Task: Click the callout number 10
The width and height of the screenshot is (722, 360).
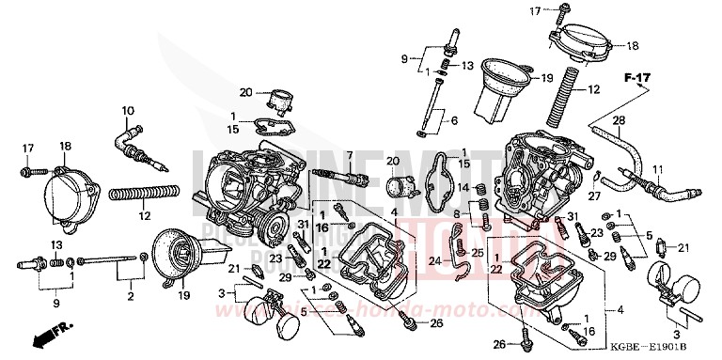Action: (x=128, y=111)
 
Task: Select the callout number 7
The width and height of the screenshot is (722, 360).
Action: (x=348, y=154)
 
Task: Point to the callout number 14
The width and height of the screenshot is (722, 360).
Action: (x=463, y=187)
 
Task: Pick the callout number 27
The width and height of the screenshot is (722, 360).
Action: (x=593, y=196)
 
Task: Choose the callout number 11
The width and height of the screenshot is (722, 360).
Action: (x=658, y=169)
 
